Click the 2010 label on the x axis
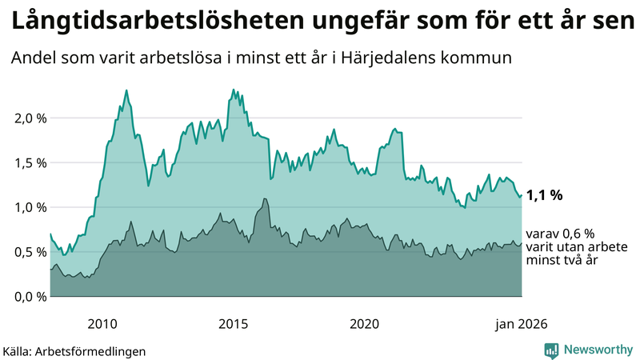[x=102, y=324]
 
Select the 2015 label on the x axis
[x=234, y=324]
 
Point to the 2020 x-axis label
[x=365, y=324]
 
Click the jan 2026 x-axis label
[x=522, y=324]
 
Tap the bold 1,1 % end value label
[x=546, y=195]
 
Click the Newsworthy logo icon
[x=551, y=350]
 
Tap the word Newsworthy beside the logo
[x=598, y=350]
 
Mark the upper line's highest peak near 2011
[x=127, y=90]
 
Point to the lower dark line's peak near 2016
[x=264, y=198]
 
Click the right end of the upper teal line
[x=522, y=194]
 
